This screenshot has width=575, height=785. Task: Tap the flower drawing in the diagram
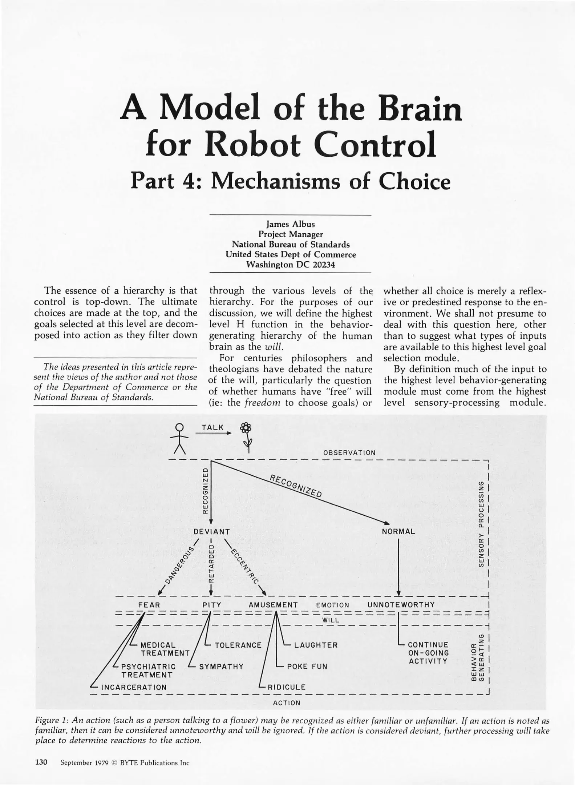(247, 436)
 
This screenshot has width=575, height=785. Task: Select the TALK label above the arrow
(213, 428)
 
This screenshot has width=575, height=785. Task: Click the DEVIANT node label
(212, 532)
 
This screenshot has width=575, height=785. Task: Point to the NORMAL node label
(398, 532)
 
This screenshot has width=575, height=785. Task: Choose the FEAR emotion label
(149, 605)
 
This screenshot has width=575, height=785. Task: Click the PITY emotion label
(212, 605)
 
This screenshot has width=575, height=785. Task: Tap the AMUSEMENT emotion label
(273, 605)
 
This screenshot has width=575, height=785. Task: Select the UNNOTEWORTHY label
(401, 605)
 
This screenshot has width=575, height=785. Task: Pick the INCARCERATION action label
(134, 687)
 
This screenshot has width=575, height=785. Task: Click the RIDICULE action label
(287, 687)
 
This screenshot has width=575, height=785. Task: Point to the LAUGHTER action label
(316, 645)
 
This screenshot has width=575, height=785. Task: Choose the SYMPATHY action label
(221, 667)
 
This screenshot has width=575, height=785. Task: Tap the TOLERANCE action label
(238, 645)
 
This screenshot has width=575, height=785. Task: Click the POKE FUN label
(307, 667)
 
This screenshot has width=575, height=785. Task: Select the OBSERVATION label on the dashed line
(349, 453)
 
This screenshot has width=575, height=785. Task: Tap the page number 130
(41, 762)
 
